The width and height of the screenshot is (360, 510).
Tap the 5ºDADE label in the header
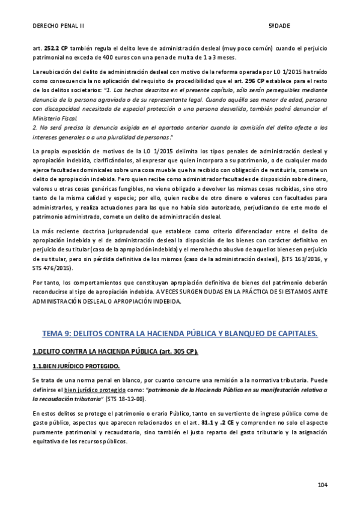pyautogui.click(x=279, y=26)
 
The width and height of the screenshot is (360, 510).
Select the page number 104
pyautogui.click(x=322, y=485)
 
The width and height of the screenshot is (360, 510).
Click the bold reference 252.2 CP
pyautogui.click(x=56, y=48)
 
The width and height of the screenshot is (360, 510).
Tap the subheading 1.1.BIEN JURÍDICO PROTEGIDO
pyautogui.click(x=76, y=366)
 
